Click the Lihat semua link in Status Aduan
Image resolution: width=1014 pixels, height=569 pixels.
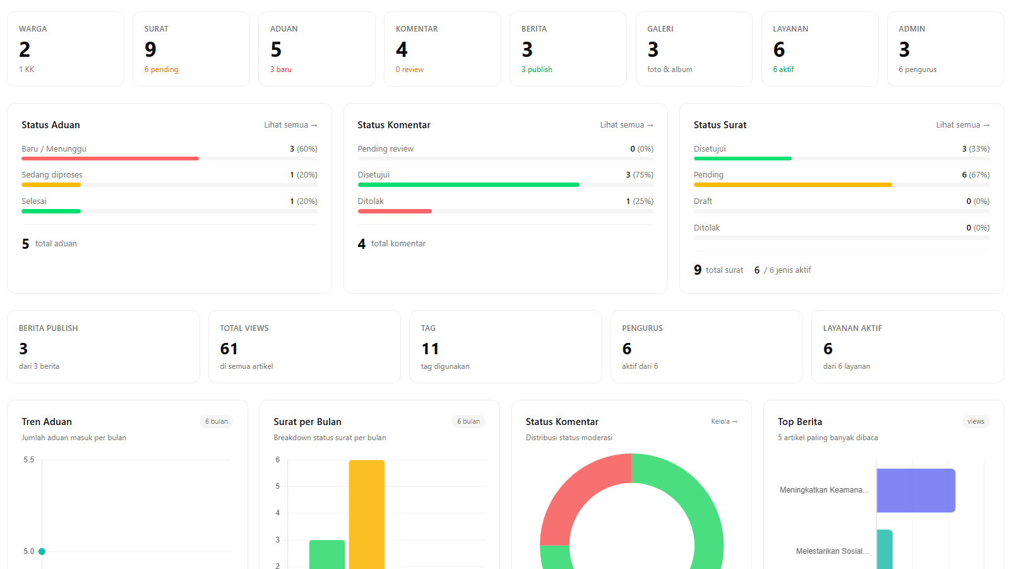(x=290, y=125)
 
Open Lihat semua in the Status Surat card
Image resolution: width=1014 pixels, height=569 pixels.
(x=963, y=125)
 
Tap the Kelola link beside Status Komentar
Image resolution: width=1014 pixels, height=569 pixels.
(x=724, y=421)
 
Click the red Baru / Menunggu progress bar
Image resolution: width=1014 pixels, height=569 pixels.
(x=110, y=159)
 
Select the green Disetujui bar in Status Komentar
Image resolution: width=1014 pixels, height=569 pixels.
(x=468, y=184)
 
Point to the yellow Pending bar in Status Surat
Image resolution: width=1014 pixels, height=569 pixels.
(x=792, y=184)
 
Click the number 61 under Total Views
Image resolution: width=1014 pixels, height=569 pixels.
(x=229, y=349)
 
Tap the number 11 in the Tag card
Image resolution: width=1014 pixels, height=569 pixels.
(x=430, y=349)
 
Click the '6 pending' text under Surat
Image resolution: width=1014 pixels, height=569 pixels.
(x=161, y=69)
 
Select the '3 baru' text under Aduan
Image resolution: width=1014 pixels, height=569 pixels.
(x=281, y=69)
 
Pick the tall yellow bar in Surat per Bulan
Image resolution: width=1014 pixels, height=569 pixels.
(x=367, y=515)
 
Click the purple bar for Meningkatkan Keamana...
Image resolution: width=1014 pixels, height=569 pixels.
(x=916, y=491)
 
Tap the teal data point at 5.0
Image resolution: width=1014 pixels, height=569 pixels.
(x=42, y=551)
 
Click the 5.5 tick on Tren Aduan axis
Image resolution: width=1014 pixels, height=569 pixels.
(x=28, y=460)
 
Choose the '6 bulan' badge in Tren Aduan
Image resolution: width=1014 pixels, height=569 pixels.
(x=217, y=421)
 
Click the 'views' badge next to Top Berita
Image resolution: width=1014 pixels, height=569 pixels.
(x=975, y=421)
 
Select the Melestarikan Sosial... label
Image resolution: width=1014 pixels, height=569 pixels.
(x=832, y=551)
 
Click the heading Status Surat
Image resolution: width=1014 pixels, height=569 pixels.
(x=720, y=125)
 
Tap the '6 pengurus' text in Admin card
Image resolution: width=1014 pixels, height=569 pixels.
(x=917, y=69)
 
